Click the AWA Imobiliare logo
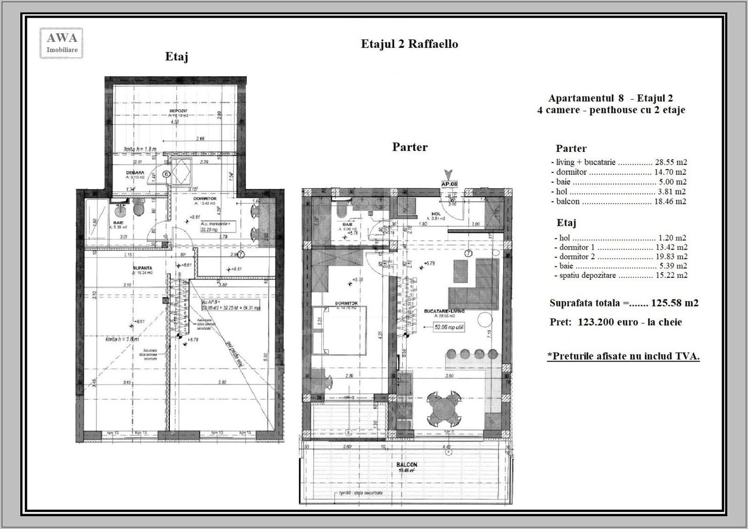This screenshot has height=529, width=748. [61, 43]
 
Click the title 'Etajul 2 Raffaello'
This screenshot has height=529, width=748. [409, 44]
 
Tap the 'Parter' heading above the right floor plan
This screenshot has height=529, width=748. [410, 147]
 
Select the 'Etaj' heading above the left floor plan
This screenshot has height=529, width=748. [176, 57]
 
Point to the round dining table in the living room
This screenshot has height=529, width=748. [443, 408]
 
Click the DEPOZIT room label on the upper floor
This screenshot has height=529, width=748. [178, 111]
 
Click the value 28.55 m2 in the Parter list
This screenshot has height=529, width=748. [670, 162]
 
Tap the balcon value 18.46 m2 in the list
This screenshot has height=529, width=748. [670, 201]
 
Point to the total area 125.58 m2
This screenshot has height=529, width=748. [674, 303]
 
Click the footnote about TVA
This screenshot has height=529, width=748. [623, 356]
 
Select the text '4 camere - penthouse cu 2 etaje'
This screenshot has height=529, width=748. [610, 110]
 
